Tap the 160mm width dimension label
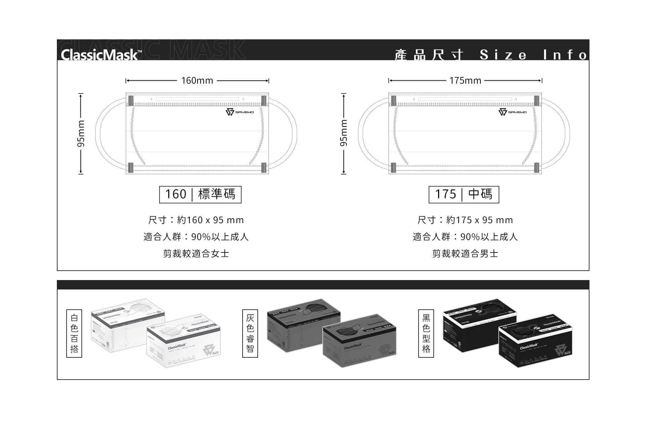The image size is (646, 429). pos(197,81)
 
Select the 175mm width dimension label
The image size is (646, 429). pos(465,81)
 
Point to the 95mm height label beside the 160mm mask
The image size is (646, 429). pos(81,133)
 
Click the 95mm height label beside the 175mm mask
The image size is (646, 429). pos(344,133)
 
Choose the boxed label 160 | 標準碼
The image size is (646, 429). pos(200,194)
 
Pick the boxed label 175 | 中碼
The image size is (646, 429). pos(464,194)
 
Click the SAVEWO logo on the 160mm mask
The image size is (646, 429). pos(240,112)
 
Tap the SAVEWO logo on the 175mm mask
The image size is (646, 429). pos(512,112)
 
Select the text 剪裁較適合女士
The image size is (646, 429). pos(196,253)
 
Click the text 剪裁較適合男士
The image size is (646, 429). pos(465,253)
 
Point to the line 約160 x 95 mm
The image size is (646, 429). pos(196,220)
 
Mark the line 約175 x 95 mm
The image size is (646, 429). pos(465,220)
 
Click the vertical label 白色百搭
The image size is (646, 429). pos(74,333)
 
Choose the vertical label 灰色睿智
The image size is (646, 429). pos(250,333)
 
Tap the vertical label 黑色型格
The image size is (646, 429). pos(426,333)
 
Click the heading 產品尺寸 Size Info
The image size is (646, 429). pos(491,55)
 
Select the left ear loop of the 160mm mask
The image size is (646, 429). pos(98,133)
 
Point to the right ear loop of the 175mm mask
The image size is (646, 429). pos(567,133)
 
